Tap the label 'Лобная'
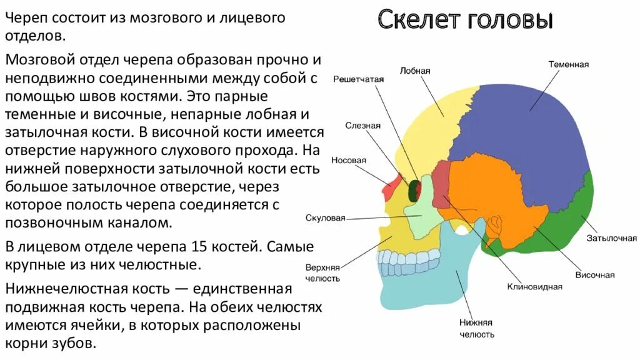415,71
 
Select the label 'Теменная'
569,64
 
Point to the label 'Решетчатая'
358,79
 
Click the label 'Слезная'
362,125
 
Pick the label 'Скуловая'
326,218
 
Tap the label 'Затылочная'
611,238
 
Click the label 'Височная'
594,275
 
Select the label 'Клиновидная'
534,287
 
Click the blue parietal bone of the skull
525,137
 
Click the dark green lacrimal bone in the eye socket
413,190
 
